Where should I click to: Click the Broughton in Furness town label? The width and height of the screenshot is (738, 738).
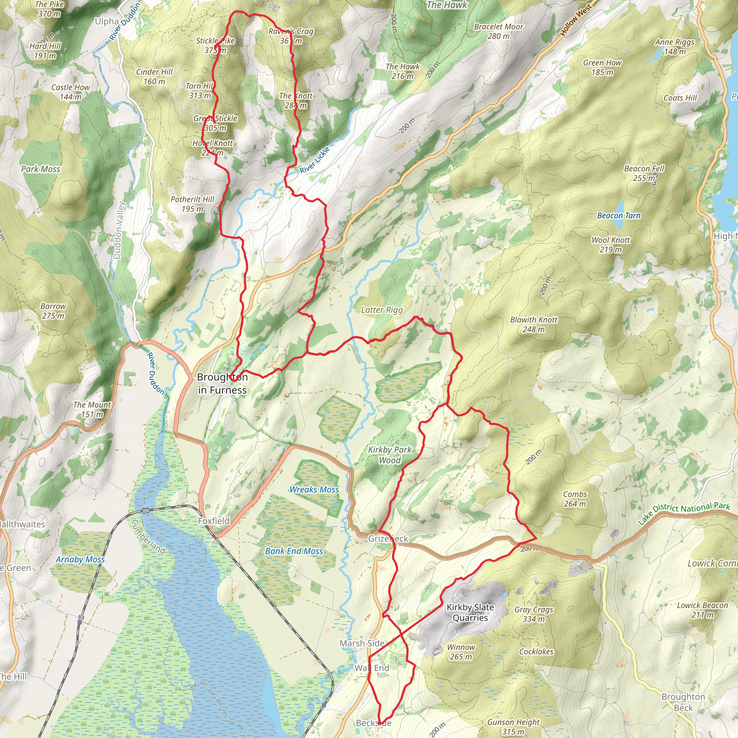222,383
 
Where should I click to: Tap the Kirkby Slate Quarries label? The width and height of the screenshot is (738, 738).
470,612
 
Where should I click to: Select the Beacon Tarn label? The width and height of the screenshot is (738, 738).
618,215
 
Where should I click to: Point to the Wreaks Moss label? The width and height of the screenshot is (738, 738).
314,490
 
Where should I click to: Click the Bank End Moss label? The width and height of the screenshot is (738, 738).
294,551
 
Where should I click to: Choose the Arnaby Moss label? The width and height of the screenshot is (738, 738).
80,559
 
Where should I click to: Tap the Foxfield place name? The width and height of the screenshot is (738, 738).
214,521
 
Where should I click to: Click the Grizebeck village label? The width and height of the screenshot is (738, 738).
388,539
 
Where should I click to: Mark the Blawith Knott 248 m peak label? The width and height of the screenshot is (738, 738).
534,324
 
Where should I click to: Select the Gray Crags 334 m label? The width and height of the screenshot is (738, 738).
534,614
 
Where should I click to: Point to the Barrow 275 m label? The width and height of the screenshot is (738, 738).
53,311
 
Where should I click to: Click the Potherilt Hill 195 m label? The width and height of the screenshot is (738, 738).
192,204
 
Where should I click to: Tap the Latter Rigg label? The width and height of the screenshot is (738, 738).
382,310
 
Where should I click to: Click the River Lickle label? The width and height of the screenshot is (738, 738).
314,160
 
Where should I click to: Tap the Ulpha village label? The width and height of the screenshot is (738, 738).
107,21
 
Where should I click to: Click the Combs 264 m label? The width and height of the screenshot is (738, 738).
575,499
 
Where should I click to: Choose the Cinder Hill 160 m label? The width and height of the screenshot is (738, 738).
154,76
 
